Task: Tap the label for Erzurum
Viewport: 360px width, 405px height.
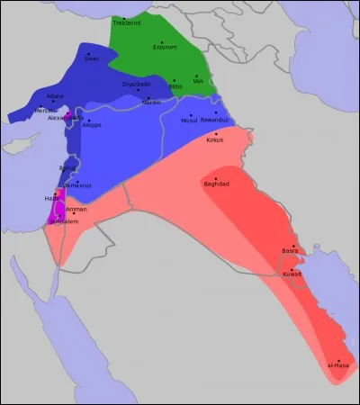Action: (x=166, y=49)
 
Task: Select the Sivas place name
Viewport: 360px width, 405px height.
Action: (x=92, y=58)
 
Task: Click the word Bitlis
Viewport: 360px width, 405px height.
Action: (x=175, y=86)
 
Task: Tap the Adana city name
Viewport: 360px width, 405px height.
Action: (x=56, y=94)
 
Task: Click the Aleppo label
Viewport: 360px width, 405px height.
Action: (x=92, y=124)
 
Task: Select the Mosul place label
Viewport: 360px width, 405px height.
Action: (x=189, y=120)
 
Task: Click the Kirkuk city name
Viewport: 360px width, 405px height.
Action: (x=214, y=139)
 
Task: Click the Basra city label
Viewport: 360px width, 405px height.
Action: (x=290, y=250)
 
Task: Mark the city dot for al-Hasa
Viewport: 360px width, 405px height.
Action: (x=339, y=360)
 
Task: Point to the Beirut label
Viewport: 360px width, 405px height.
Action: (x=67, y=168)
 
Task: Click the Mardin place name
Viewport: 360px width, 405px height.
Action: (x=151, y=103)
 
